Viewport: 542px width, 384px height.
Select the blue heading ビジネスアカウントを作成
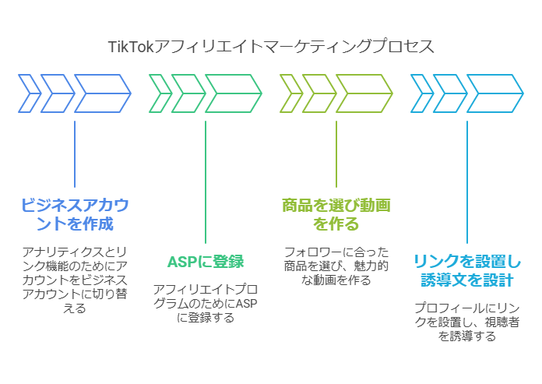click(x=75, y=214)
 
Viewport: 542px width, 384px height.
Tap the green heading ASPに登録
click(x=206, y=261)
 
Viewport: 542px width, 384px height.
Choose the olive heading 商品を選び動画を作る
click(x=336, y=214)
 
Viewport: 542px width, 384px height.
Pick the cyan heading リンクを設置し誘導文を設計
click(x=467, y=270)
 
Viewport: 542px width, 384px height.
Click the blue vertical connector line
click(x=75, y=153)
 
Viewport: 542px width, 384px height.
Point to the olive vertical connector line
click(x=336, y=153)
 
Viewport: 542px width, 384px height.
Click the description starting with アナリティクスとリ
click(x=75, y=280)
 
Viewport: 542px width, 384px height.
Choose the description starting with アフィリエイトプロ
click(x=206, y=303)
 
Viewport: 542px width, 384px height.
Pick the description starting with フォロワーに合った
click(x=336, y=266)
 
